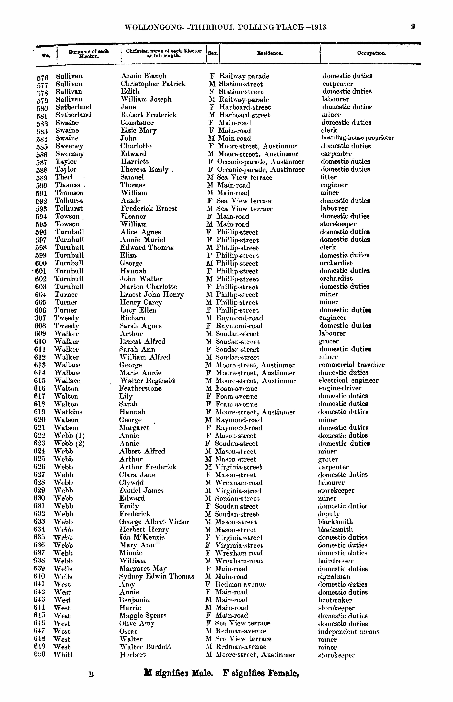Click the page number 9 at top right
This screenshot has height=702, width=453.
413,27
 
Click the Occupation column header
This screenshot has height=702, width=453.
372,53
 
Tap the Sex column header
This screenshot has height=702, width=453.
213,53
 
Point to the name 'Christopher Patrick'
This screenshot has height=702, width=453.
153,84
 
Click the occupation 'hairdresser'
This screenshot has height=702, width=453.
336,561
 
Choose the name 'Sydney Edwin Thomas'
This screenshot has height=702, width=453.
156,576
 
